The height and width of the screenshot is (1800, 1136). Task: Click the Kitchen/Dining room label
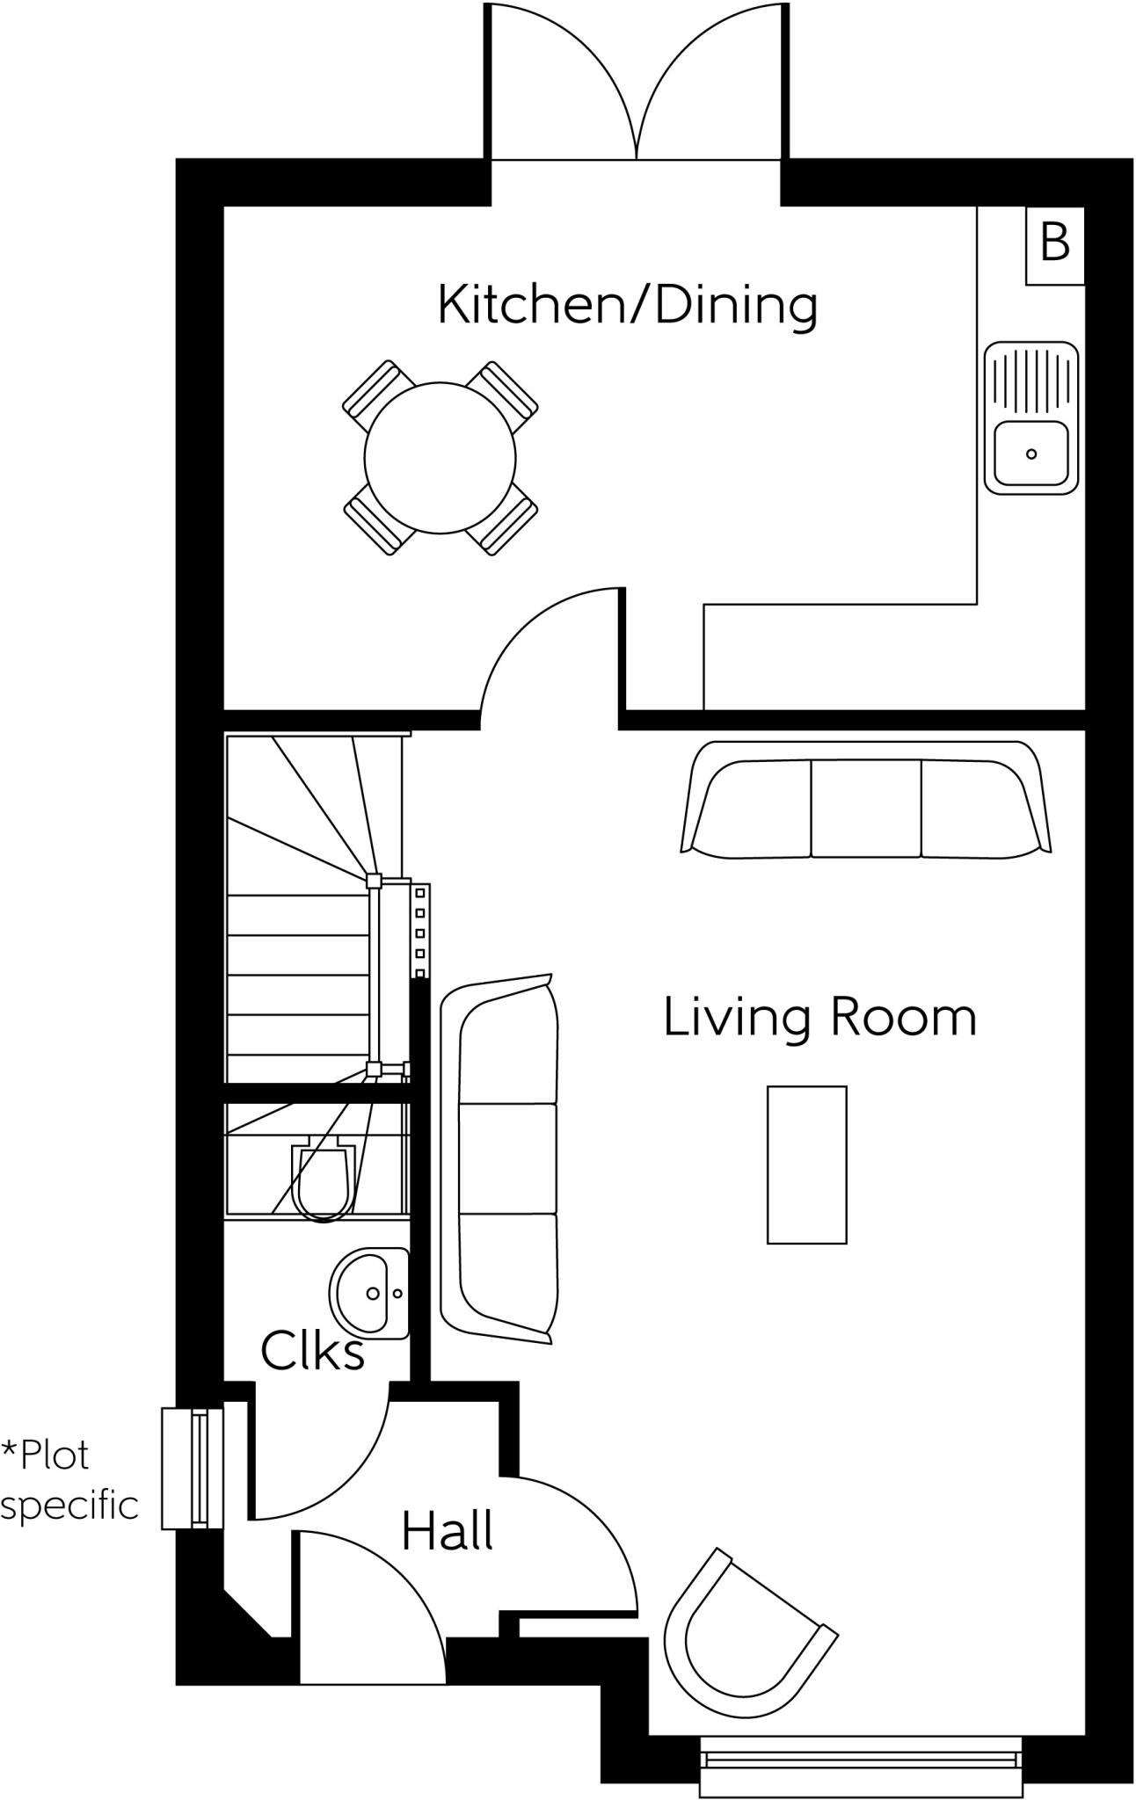[x=627, y=306]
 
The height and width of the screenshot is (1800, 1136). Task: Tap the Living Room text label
[x=819, y=1017]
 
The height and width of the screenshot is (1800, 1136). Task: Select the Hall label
[x=447, y=1531]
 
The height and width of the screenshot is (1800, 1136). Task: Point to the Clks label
[x=312, y=1352]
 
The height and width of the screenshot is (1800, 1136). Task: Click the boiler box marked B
[x=1054, y=244]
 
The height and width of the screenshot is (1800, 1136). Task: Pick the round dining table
[x=440, y=457]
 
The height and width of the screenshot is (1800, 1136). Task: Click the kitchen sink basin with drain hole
[x=1030, y=453]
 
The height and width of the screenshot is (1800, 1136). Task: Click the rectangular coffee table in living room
[x=806, y=1165]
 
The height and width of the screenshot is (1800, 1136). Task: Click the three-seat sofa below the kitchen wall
[x=865, y=800]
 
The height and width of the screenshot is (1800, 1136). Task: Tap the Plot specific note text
[x=69, y=1480]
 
